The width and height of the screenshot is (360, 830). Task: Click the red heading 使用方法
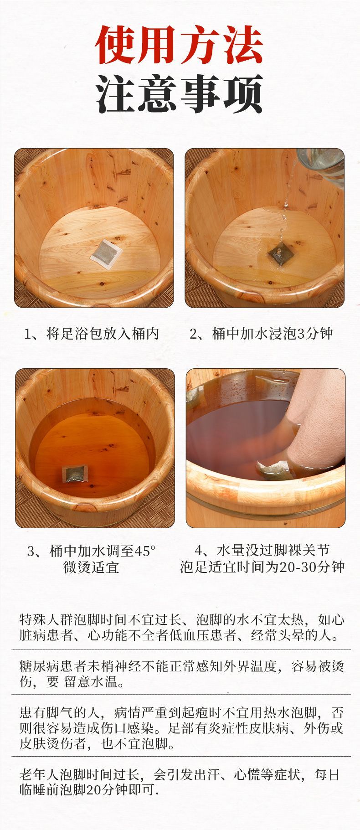179,45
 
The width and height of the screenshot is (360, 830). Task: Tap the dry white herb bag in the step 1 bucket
108,253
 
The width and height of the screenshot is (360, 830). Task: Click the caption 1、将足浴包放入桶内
92,334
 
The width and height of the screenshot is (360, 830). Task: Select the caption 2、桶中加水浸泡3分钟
262,334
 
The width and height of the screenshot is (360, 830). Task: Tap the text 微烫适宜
91,567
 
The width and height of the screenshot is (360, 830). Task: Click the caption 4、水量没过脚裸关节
262,551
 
